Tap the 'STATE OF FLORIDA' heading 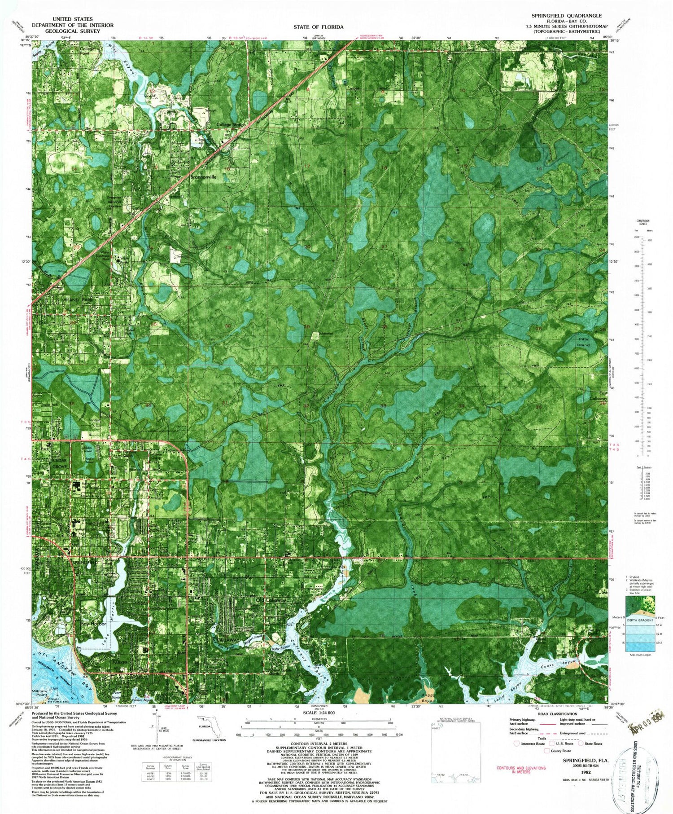pos(319,27)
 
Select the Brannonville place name pos(203,177)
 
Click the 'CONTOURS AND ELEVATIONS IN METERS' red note pos(521,770)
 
